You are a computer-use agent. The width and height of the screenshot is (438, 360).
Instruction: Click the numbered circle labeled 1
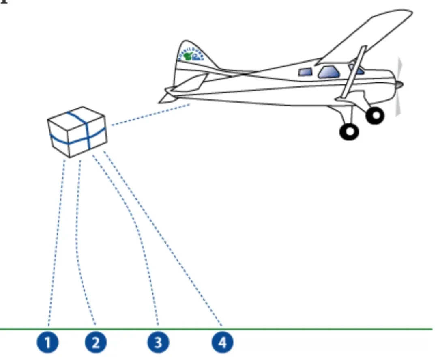(x=48, y=343)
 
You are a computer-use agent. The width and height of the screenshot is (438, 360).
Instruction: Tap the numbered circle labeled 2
(x=96, y=343)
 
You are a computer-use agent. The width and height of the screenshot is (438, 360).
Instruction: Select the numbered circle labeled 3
(x=158, y=343)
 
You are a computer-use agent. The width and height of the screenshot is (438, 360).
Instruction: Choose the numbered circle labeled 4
(x=222, y=343)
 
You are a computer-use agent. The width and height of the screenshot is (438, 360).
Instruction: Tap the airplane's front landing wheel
(x=375, y=115)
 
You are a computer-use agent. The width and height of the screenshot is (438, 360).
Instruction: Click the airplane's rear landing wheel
(x=349, y=131)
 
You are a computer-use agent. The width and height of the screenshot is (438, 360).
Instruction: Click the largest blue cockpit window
(x=329, y=72)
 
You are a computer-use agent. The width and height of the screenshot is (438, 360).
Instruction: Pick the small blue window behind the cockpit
(x=305, y=72)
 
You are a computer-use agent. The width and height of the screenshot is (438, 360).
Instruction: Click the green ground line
(x=324, y=329)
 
